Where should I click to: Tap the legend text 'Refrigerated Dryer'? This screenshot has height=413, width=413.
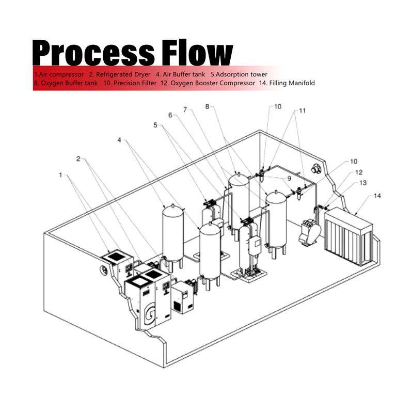click(x=123, y=74)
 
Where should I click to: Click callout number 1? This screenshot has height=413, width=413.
click(x=60, y=175)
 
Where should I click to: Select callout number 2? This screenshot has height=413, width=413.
click(x=78, y=158)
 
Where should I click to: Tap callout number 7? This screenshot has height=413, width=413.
click(x=185, y=109)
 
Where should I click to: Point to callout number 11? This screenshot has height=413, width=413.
click(x=302, y=110)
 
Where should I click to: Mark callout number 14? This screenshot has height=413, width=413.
click(x=377, y=196)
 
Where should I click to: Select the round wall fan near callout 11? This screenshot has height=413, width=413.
click(x=316, y=168)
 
